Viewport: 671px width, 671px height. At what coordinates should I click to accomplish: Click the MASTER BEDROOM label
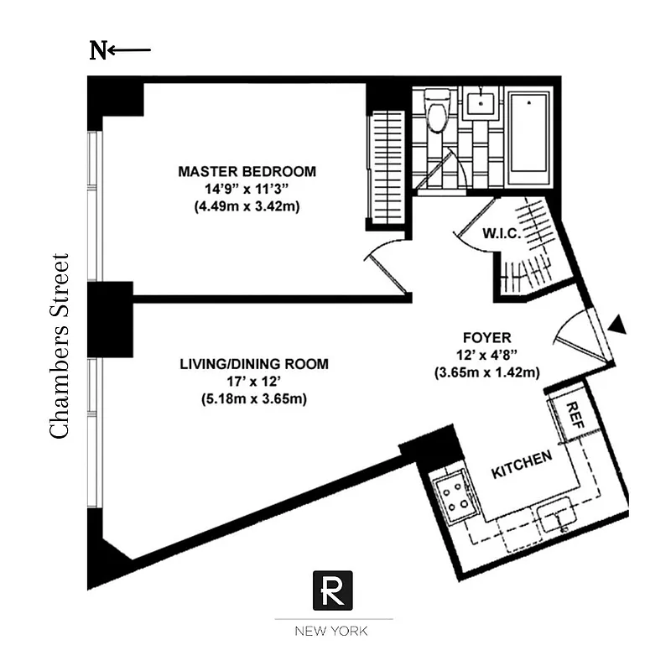247,171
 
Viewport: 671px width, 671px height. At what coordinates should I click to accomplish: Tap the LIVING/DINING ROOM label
254,364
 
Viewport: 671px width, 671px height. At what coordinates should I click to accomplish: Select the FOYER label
485,338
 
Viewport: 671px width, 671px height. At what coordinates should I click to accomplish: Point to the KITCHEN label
522,465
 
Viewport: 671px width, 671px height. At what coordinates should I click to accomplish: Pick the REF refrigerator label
575,413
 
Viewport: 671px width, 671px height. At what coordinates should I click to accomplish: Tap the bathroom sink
479,105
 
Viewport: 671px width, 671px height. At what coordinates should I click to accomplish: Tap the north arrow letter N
98,50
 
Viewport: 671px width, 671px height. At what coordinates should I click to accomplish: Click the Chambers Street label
59,345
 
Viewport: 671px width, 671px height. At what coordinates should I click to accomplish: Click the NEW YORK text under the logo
334,632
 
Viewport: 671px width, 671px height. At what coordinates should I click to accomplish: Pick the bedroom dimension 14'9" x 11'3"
247,188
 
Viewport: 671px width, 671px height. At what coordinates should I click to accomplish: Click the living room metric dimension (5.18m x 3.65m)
254,399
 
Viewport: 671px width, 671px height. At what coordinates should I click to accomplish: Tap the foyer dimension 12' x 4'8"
485,355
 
